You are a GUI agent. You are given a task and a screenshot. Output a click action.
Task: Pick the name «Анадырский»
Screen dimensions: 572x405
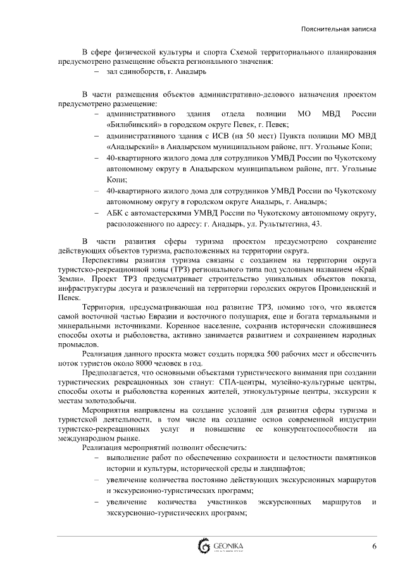[132, 146]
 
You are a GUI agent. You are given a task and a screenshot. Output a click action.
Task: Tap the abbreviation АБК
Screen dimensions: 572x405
[116, 214]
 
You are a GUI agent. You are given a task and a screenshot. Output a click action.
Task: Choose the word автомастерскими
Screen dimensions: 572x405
[154, 214]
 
